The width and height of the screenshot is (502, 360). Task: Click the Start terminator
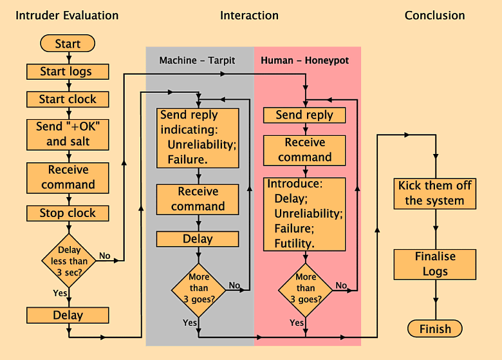coord(68,44)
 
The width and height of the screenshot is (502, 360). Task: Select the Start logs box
coord(68,71)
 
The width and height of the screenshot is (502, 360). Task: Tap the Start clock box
coord(68,99)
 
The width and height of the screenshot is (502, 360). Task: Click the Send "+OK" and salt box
coord(68,134)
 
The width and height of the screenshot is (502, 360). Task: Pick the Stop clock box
coord(68,213)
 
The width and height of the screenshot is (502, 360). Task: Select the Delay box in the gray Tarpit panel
coord(198,239)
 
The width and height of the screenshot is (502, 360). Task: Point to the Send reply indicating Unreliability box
coord(198,137)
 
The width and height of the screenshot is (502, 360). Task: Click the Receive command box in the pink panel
coord(305,149)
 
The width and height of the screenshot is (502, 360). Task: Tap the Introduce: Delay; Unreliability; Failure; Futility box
coord(305,214)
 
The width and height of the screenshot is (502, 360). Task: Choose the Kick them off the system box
coord(435,193)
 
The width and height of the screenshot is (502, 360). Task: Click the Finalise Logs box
coord(435,264)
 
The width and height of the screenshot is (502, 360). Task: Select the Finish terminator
coord(435,329)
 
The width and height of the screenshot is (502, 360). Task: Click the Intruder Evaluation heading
coord(68,15)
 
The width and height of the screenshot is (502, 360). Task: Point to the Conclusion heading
coord(434,15)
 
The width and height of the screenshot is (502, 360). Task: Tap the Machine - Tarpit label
coord(198,61)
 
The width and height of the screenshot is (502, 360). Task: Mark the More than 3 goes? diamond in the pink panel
coord(306,289)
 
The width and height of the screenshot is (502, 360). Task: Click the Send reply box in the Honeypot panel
coord(304,115)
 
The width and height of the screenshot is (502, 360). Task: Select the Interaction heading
coord(249,15)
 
